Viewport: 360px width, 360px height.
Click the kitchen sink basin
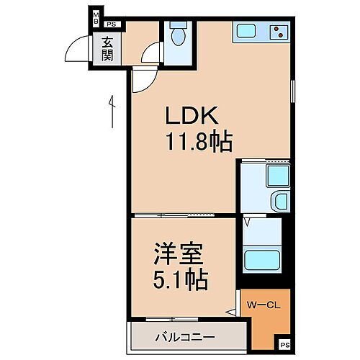click(x=245, y=32)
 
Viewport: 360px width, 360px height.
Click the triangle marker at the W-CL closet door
click(x=230, y=312)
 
